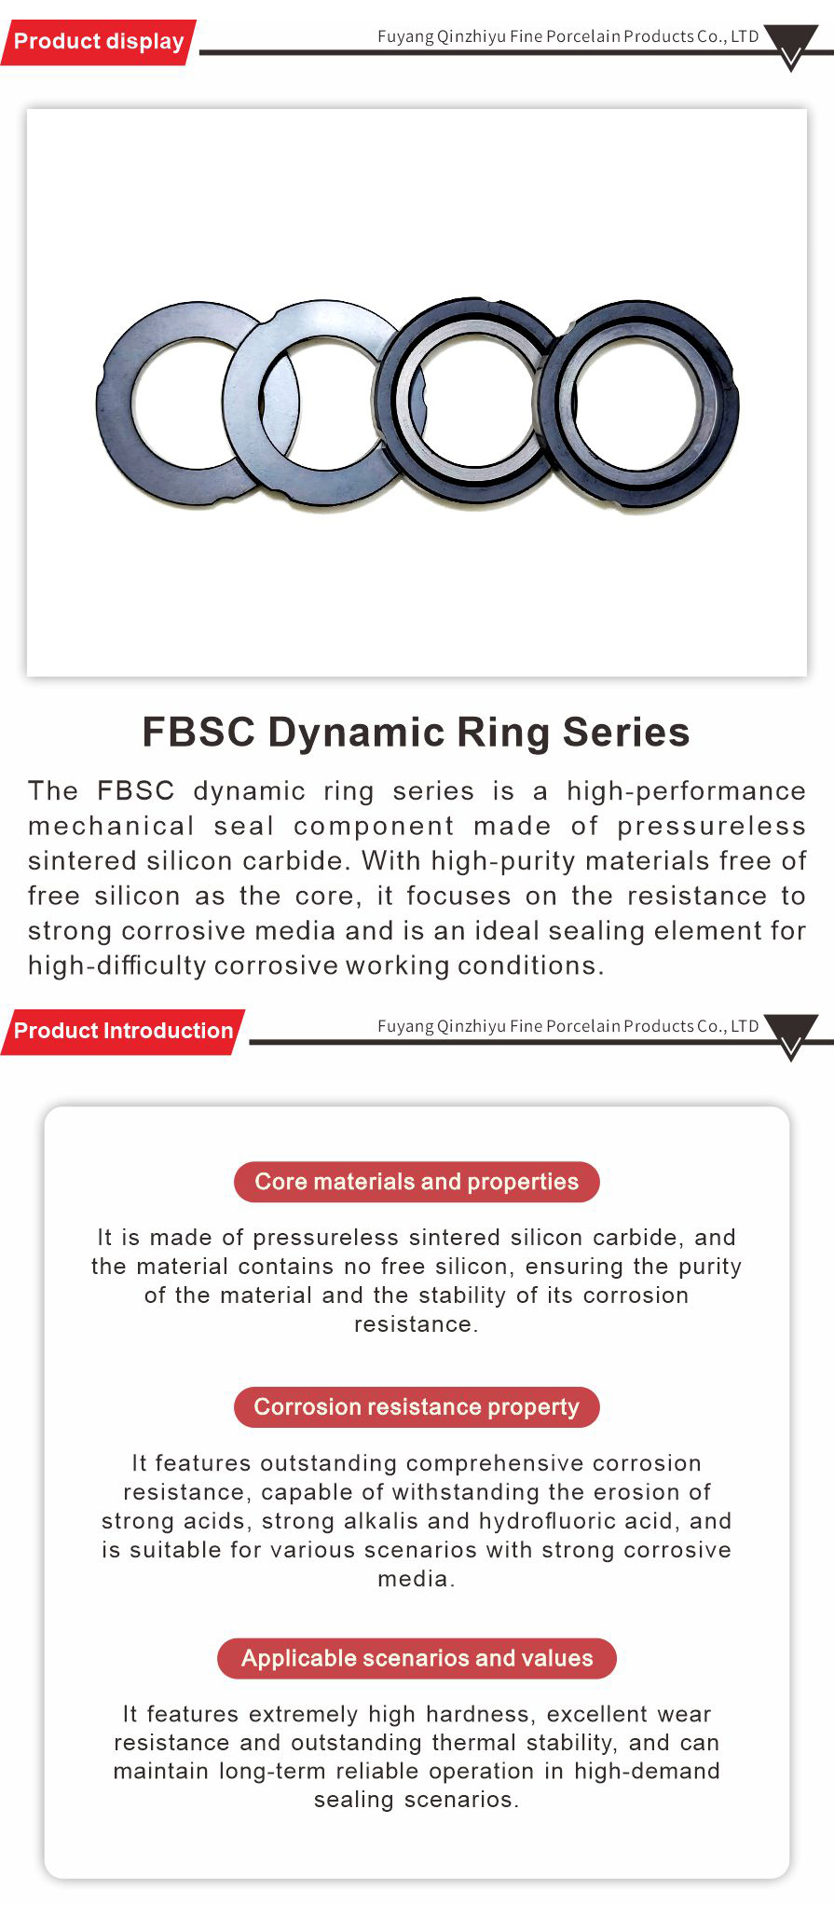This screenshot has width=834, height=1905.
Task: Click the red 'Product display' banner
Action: (x=99, y=42)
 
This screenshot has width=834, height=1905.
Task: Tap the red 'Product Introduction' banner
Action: (x=123, y=1032)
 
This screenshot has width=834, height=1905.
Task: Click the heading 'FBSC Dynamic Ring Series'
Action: (x=416, y=733)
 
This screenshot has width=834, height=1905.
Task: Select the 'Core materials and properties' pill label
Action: (x=417, y=1182)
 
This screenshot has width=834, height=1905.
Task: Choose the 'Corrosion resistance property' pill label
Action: (x=417, y=1407)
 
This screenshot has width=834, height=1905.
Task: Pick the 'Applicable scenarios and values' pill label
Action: (x=417, y=1659)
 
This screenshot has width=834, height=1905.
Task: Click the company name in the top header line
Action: (x=567, y=36)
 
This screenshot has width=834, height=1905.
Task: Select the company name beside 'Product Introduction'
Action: (x=567, y=1026)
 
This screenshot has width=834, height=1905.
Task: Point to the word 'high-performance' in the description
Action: (x=686, y=791)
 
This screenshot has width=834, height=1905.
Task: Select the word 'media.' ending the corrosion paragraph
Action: (x=417, y=1579)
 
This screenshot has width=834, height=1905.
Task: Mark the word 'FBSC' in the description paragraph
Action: (x=136, y=791)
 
